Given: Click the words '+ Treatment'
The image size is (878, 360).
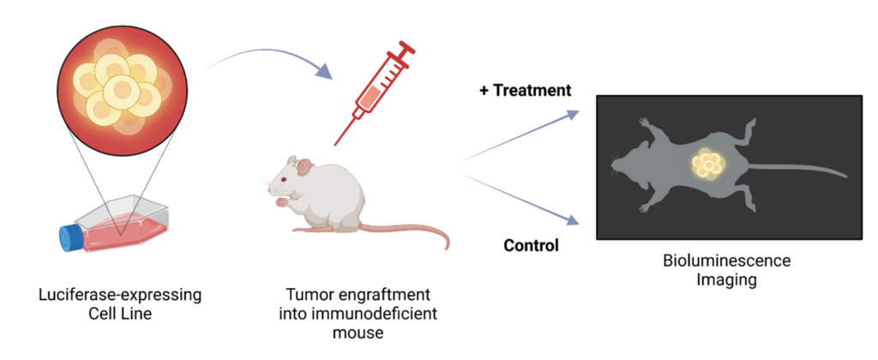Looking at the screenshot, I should tap(524, 90).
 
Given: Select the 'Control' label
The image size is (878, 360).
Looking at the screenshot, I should tap(531, 246).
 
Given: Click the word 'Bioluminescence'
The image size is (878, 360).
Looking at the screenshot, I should tap(725, 261).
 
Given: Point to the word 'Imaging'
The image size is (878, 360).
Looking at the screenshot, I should tap(725, 279).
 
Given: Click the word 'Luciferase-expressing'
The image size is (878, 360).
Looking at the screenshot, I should tap(121, 296).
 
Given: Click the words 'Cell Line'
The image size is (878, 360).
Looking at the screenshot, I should tap(121, 314).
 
